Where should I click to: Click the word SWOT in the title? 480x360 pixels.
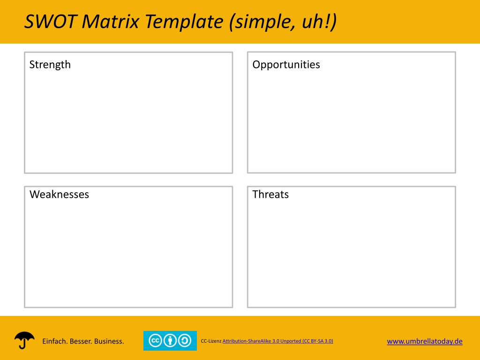pyautogui.click(x=51, y=22)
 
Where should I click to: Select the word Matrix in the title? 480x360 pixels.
pyautogui.click(x=111, y=22)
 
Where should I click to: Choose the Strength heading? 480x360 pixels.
pyautogui.click(x=50, y=65)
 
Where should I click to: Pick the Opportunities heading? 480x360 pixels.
pyautogui.click(x=286, y=65)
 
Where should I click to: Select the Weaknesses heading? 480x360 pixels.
pyautogui.click(x=60, y=195)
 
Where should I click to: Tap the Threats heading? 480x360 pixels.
pyautogui.click(x=270, y=195)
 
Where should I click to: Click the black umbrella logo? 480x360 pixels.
pyautogui.click(x=24, y=340)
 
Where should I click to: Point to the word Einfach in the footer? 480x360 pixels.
pyautogui.click(x=54, y=341)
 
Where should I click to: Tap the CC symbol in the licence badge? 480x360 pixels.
pyautogui.click(x=155, y=341)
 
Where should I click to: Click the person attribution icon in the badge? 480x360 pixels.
pyautogui.click(x=170, y=341)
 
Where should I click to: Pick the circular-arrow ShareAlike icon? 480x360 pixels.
pyautogui.click(x=185, y=341)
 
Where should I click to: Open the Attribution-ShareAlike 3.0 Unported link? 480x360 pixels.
pyautogui.click(x=277, y=341)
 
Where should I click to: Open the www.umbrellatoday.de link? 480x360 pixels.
pyautogui.click(x=425, y=341)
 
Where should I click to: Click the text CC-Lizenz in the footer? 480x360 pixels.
pyautogui.click(x=211, y=341)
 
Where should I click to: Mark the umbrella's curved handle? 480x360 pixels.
pyautogui.click(x=22, y=345)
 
